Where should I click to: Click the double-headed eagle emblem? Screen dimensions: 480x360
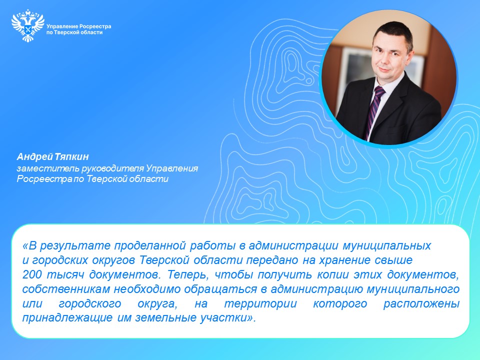point(27,25)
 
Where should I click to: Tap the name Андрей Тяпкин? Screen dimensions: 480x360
point(52,156)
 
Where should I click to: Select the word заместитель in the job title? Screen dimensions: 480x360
point(48,168)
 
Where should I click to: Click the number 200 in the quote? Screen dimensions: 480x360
point(32,274)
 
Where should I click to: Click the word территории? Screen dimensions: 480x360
point(261,304)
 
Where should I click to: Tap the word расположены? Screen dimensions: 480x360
point(421,304)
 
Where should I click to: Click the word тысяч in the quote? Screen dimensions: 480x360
point(65,275)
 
